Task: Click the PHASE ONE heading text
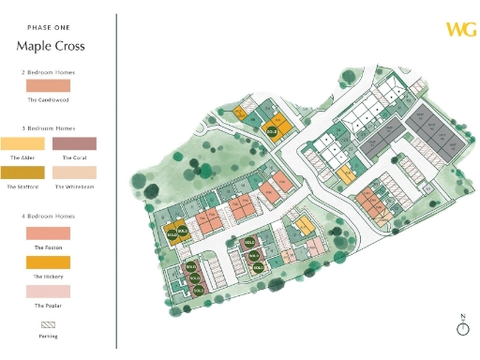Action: [x=48, y=28]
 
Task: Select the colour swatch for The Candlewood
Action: [x=48, y=85]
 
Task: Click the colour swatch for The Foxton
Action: [x=48, y=232]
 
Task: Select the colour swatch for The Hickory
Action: [x=48, y=262]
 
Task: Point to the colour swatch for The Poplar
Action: [x=48, y=292]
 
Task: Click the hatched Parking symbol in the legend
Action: [x=48, y=321]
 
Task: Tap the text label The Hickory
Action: [x=48, y=276]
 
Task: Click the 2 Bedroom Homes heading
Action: [x=48, y=71]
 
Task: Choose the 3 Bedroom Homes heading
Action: [x=48, y=127]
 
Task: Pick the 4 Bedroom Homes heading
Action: [x=48, y=217]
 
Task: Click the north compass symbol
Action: [x=461, y=327]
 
